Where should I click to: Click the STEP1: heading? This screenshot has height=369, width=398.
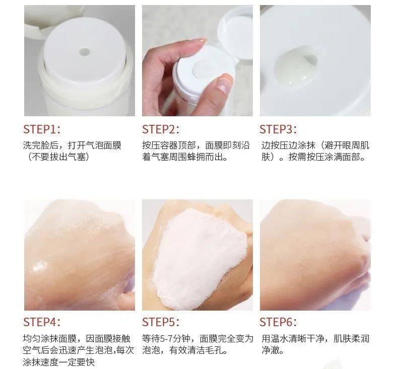(x=42, y=129)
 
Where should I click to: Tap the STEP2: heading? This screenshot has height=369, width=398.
(x=161, y=129)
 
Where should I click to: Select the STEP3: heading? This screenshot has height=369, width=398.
(x=278, y=129)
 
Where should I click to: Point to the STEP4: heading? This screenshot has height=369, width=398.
(x=42, y=322)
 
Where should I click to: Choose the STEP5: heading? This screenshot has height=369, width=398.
(x=161, y=322)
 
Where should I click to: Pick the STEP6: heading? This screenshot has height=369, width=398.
(x=278, y=322)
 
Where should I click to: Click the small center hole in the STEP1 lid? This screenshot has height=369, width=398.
(x=85, y=52)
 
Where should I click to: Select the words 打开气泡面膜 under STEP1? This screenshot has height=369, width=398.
(x=94, y=145)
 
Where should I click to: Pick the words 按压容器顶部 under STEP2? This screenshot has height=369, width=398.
(x=169, y=145)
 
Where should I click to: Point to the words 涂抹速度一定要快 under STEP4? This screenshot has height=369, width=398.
(x=58, y=362)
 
